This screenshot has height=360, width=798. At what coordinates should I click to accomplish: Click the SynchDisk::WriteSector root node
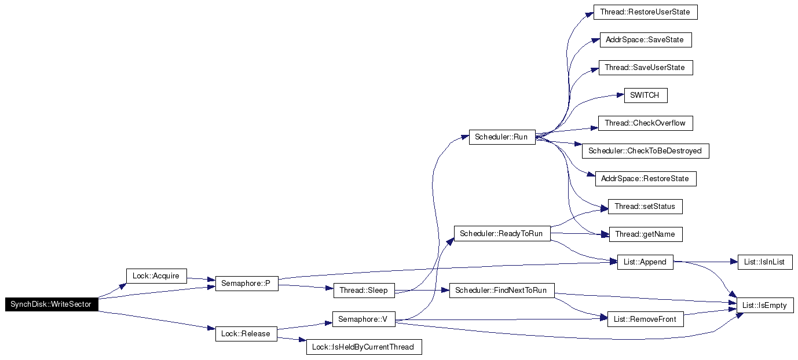pyautogui.click(x=52, y=304)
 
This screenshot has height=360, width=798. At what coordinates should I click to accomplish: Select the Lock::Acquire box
pyautogui.click(x=156, y=276)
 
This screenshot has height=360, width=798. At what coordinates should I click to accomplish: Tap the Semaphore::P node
pyautogui.click(x=247, y=284)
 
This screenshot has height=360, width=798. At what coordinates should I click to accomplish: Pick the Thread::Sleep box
pyautogui.click(x=364, y=291)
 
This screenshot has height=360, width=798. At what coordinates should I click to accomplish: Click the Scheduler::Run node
pyautogui.click(x=502, y=137)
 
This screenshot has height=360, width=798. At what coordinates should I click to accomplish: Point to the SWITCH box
pyautogui.click(x=646, y=95)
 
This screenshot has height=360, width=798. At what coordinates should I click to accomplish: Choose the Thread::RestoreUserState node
pyautogui.click(x=645, y=12)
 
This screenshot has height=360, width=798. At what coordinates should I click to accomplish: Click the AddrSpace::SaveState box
pyautogui.click(x=646, y=40)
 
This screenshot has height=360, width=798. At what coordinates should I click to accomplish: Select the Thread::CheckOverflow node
pyautogui.click(x=645, y=123)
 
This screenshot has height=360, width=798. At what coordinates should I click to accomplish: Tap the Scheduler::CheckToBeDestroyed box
pyautogui.click(x=645, y=151)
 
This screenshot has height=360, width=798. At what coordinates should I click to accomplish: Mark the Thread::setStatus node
pyautogui.click(x=645, y=207)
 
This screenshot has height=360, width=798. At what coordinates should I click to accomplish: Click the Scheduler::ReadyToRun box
pyautogui.click(x=502, y=234)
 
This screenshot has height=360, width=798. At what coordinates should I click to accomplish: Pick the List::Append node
pyautogui.click(x=645, y=262)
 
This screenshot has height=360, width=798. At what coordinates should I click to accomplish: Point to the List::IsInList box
pyautogui.click(x=765, y=262)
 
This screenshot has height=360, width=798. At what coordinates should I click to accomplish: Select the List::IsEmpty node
pyautogui.click(x=765, y=306)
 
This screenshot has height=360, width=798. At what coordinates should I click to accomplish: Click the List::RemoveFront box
pyautogui.click(x=645, y=319)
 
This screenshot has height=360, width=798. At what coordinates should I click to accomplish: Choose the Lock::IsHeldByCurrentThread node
pyautogui.click(x=364, y=347)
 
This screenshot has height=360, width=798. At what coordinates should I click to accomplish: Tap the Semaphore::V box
pyautogui.click(x=364, y=319)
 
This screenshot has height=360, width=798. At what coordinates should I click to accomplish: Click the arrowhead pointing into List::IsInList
pyautogui.click(x=734, y=262)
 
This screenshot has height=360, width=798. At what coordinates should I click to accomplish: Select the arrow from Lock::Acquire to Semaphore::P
pyautogui.click(x=201, y=279)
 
